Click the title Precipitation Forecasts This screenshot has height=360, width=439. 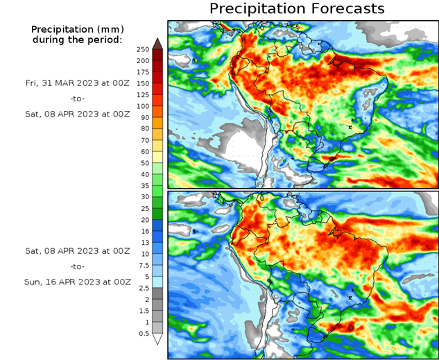coord(297,9)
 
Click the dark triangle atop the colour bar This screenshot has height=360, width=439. coord(157,44)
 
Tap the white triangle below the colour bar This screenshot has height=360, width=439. coord(157,339)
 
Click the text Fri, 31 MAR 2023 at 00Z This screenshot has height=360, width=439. coord(76,83)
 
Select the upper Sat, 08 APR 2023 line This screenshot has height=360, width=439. coord(76,114)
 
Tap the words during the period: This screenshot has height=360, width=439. coord(77,40)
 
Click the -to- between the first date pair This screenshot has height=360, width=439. coord(76,98)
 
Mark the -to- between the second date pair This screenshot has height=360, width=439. coord(77,266)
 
